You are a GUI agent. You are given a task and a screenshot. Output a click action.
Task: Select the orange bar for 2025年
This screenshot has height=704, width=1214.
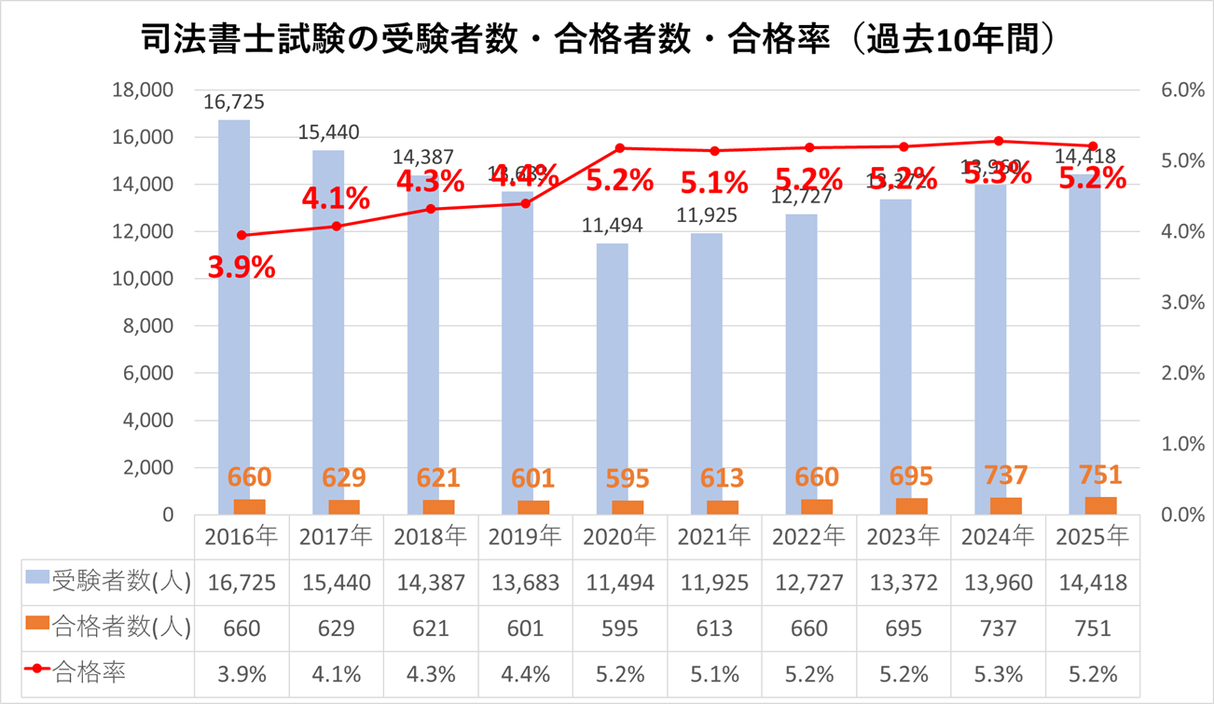[x=1101, y=505]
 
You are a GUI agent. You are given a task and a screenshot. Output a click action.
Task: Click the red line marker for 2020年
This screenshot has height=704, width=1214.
[x=620, y=147]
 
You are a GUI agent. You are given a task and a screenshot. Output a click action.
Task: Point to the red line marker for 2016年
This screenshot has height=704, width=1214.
[x=241, y=235]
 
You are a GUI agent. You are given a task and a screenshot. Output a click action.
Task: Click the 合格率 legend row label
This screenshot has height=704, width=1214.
[x=90, y=672]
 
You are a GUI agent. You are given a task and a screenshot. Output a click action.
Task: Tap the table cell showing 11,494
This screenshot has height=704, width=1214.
[x=620, y=583]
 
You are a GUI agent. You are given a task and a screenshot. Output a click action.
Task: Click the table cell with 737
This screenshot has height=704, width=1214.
[x=999, y=628]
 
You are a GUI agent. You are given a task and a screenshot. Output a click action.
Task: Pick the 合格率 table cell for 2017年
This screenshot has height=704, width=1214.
[x=336, y=673]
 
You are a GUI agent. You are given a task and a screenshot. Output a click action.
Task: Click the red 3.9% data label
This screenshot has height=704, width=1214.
[x=241, y=268]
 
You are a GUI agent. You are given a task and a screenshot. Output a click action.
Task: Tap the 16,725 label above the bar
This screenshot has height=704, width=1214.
[x=234, y=102]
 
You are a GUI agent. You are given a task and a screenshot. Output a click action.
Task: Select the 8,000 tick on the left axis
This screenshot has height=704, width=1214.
[x=147, y=326]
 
